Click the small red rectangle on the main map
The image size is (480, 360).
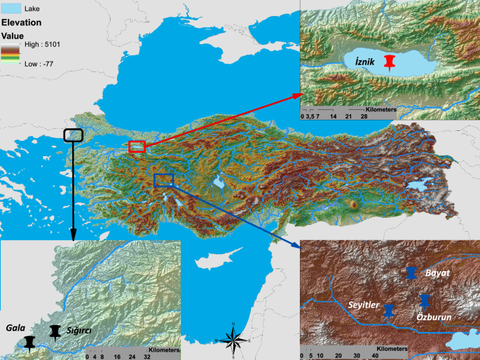(137, 146)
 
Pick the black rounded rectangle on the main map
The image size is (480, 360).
(73, 135)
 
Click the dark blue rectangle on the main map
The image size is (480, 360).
(163, 181)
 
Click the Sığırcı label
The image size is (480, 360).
(78, 330)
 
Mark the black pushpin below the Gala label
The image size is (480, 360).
(29, 342)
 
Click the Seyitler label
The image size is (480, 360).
(364, 305)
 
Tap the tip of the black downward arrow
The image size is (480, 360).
(73, 239)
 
